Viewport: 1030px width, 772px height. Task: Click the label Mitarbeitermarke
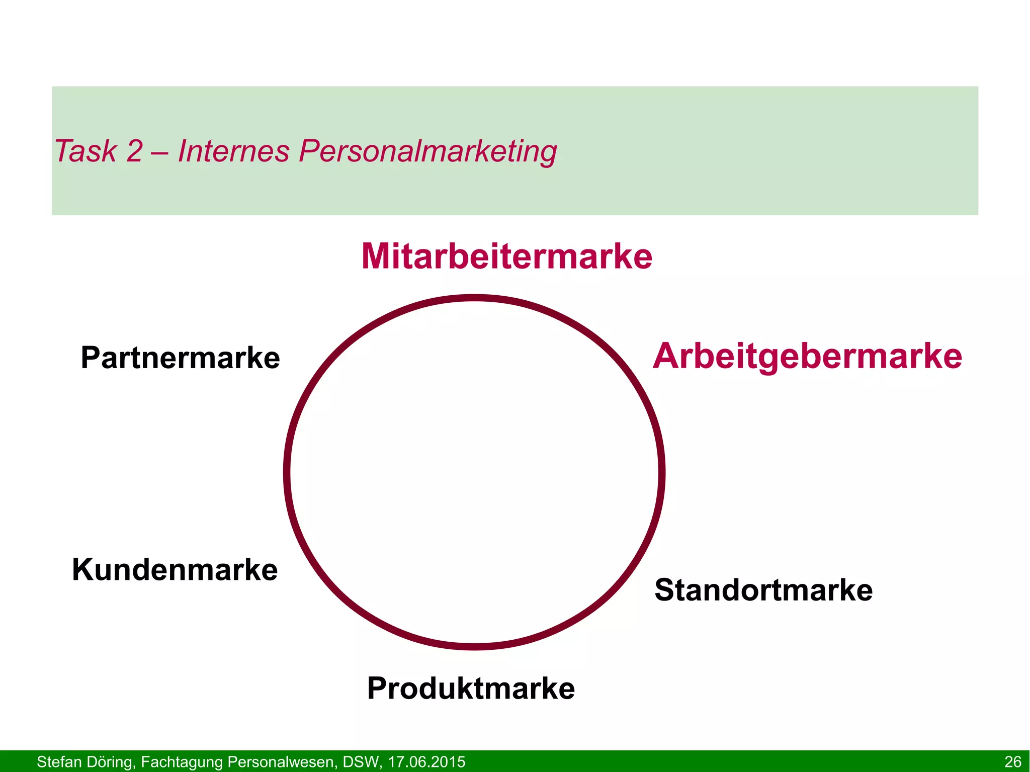pos(506,256)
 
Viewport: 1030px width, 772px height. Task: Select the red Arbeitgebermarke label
pos(807,357)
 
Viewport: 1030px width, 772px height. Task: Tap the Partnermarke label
pos(180,358)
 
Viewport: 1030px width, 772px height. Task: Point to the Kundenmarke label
pos(175,570)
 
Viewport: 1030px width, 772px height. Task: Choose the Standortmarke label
pos(763,590)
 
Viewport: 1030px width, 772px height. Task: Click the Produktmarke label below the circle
pos(471,689)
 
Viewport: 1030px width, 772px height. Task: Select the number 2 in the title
pos(134,151)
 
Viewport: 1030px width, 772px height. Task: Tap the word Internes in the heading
pos(234,151)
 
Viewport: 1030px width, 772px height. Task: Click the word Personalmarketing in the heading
pos(428,152)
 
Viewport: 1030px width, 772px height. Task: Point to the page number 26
pos(1012,762)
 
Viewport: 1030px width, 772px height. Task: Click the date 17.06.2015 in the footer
pos(426,762)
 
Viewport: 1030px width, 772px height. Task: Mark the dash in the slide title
pos(160,152)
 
